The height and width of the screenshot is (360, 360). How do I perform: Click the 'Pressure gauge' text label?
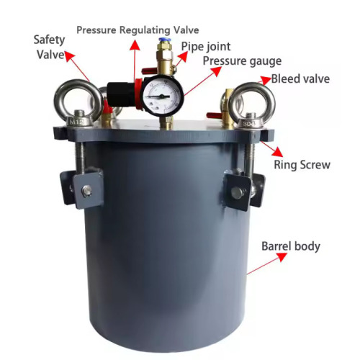(x=241, y=61)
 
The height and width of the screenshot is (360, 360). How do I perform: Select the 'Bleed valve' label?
(x=301, y=78)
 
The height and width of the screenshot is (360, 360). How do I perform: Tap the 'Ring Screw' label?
(x=302, y=165)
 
